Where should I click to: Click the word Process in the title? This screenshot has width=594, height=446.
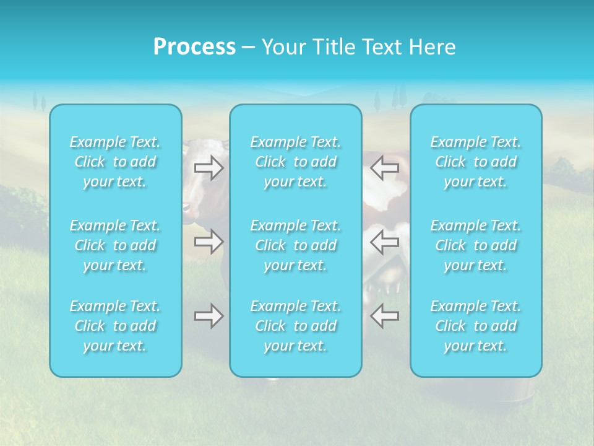click(194, 47)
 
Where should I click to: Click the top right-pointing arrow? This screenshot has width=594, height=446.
click(209, 168)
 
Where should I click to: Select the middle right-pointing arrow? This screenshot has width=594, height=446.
click(209, 242)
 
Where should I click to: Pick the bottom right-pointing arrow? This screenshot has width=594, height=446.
click(209, 316)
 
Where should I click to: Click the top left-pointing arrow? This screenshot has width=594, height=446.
click(384, 168)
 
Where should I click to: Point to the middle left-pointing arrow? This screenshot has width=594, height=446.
click(384, 242)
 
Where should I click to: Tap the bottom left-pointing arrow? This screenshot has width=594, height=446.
click(384, 316)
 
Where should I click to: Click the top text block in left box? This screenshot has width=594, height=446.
click(115, 162)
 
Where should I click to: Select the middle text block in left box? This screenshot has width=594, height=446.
click(115, 245)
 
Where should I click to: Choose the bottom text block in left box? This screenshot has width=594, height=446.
click(115, 326)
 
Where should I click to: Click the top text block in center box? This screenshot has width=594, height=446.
click(296, 162)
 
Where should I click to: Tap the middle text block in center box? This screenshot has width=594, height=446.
click(296, 245)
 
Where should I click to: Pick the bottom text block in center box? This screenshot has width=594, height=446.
click(296, 326)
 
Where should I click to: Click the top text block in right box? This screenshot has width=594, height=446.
click(476, 162)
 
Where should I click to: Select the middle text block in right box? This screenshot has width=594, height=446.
click(476, 245)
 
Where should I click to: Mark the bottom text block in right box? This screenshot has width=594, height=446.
click(476, 326)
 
